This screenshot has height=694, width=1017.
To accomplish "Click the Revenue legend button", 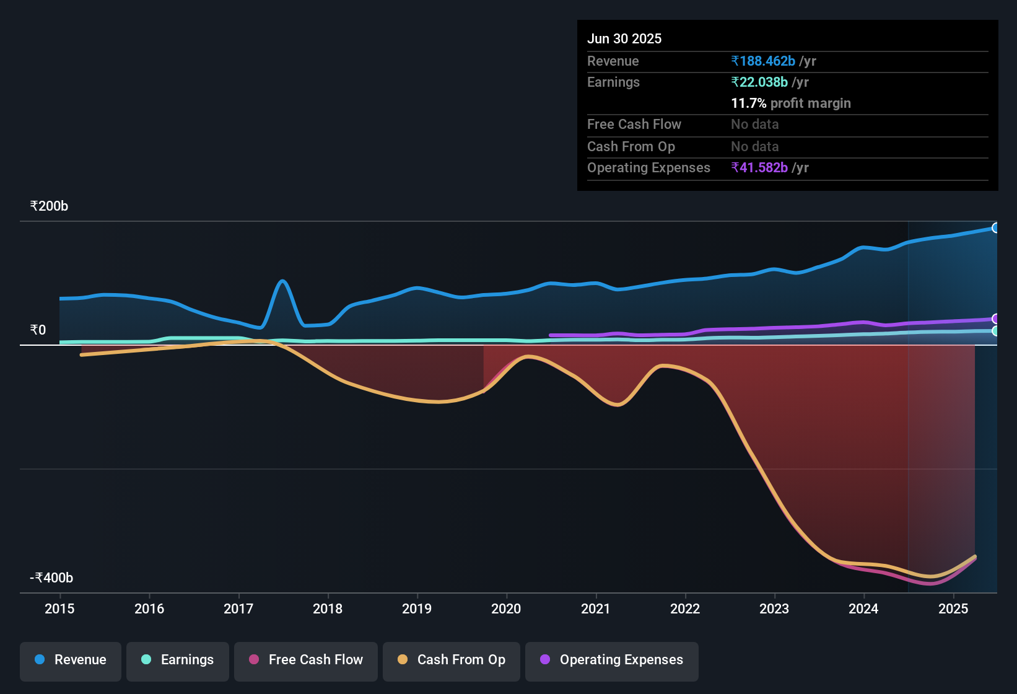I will pyautogui.click(x=71, y=660).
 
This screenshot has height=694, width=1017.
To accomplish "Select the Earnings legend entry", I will pyautogui.click(x=178, y=660).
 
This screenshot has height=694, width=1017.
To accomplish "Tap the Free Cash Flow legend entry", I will pyautogui.click(x=306, y=660).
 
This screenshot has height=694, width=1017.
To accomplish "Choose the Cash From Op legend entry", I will pyautogui.click(x=452, y=660).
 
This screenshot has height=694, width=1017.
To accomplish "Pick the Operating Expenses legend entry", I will pyautogui.click(x=612, y=660).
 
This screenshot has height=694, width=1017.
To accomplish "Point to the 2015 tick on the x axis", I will pyautogui.click(x=59, y=608).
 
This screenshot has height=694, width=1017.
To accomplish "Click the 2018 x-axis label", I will pyautogui.click(x=328, y=608).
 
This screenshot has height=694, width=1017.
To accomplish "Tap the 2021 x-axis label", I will pyautogui.click(x=596, y=608).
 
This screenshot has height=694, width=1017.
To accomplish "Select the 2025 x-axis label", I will pyautogui.click(x=953, y=608).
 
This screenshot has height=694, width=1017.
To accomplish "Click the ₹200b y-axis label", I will pyautogui.click(x=49, y=206).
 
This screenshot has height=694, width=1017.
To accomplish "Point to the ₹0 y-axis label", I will pyautogui.click(x=38, y=330).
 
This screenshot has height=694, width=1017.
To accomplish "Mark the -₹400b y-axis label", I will pyautogui.click(x=51, y=578).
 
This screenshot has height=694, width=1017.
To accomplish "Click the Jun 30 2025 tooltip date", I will pyautogui.click(x=624, y=38).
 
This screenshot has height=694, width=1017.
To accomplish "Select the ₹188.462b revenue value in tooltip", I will pyautogui.click(x=763, y=61).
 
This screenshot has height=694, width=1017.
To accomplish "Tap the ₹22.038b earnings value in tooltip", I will pyautogui.click(x=759, y=82).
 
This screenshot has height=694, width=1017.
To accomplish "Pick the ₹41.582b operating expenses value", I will pyautogui.click(x=759, y=168).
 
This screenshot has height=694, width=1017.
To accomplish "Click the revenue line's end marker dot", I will pyautogui.click(x=995, y=228).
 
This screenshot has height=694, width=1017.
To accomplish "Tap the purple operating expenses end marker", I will pyautogui.click(x=995, y=319).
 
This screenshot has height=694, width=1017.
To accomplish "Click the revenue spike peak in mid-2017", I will pyautogui.click(x=282, y=281).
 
